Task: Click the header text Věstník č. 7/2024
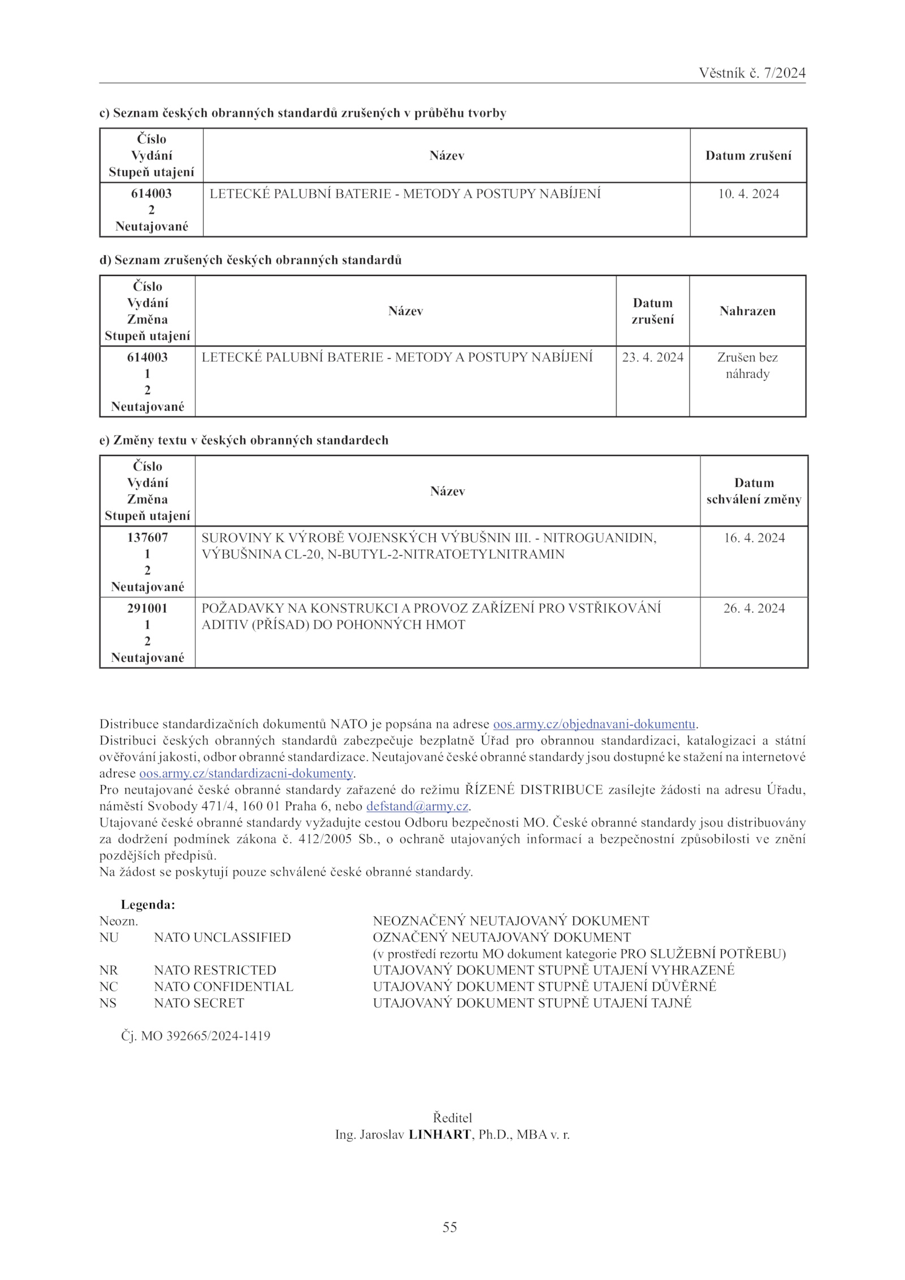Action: coord(752,73)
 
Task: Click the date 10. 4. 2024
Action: coord(748,194)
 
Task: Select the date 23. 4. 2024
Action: coord(653,357)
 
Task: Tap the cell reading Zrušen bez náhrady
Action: coord(747,365)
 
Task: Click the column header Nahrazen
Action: coord(747,311)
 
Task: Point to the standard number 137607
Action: coord(147,537)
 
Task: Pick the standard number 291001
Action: coord(147,608)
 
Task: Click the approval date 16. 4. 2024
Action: coord(754,538)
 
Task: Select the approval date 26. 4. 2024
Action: coord(754,609)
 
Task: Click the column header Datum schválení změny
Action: coord(754,491)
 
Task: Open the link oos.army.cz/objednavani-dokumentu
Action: coord(594,724)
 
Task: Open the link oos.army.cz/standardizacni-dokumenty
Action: coord(246,773)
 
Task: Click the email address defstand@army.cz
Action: coord(417,806)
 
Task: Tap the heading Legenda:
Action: coord(148,904)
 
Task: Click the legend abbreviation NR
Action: coord(109,970)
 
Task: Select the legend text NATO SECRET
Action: coord(199,1003)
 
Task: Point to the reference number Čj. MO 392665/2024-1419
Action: coord(195,1036)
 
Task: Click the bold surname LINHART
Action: coord(439,1135)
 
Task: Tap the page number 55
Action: coord(450,1227)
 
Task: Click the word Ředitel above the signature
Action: coord(452,1118)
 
